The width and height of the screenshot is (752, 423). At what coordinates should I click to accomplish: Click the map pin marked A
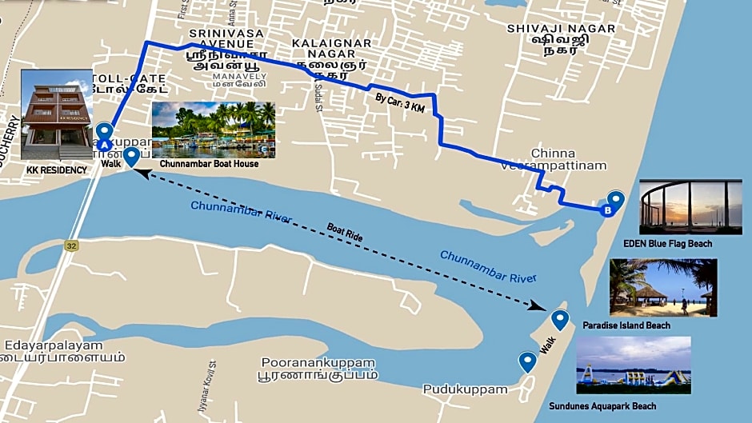tap(103, 134)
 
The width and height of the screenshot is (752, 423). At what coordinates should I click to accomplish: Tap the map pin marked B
tap(614, 202)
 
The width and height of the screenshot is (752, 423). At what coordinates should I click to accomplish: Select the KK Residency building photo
tap(57, 114)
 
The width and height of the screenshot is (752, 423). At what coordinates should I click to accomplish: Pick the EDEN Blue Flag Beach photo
tap(690, 206)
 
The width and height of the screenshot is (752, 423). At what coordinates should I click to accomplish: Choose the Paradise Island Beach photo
tap(663, 287)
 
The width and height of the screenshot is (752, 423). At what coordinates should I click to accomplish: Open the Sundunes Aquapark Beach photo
tap(633, 365)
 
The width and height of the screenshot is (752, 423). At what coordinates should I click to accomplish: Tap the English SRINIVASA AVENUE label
tap(227, 38)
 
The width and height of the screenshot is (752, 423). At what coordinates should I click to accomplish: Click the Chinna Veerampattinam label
tap(553, 159)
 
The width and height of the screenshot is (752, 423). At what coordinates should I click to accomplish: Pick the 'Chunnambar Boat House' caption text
tap(209, 163)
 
